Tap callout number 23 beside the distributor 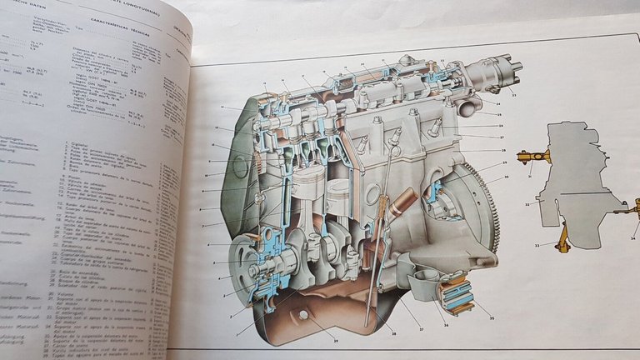tap(514, 96)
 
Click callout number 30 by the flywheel tap(507, 177)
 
